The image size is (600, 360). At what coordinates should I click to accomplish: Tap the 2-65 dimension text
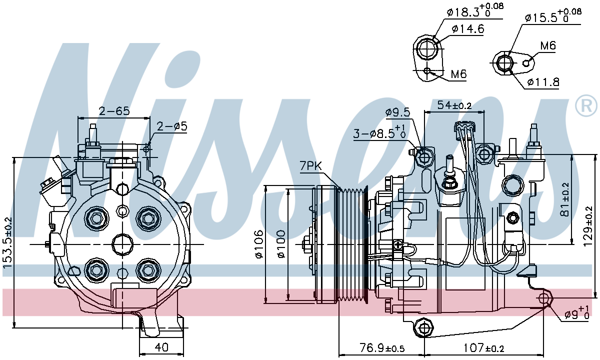tap(113, 110)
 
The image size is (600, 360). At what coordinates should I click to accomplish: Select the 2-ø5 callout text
tap(171, 126)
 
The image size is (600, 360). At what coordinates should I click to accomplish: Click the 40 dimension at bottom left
tap(161, 347)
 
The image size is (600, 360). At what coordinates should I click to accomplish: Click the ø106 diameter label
tap(258, 244)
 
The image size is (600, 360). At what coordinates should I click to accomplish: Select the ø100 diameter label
tap(280, 244)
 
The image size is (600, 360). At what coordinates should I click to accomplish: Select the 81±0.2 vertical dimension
tap(565, 199)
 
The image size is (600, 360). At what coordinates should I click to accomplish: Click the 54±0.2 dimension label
tap(454, 105)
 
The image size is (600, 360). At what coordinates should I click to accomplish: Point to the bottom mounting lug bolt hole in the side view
tap(424, 328)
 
